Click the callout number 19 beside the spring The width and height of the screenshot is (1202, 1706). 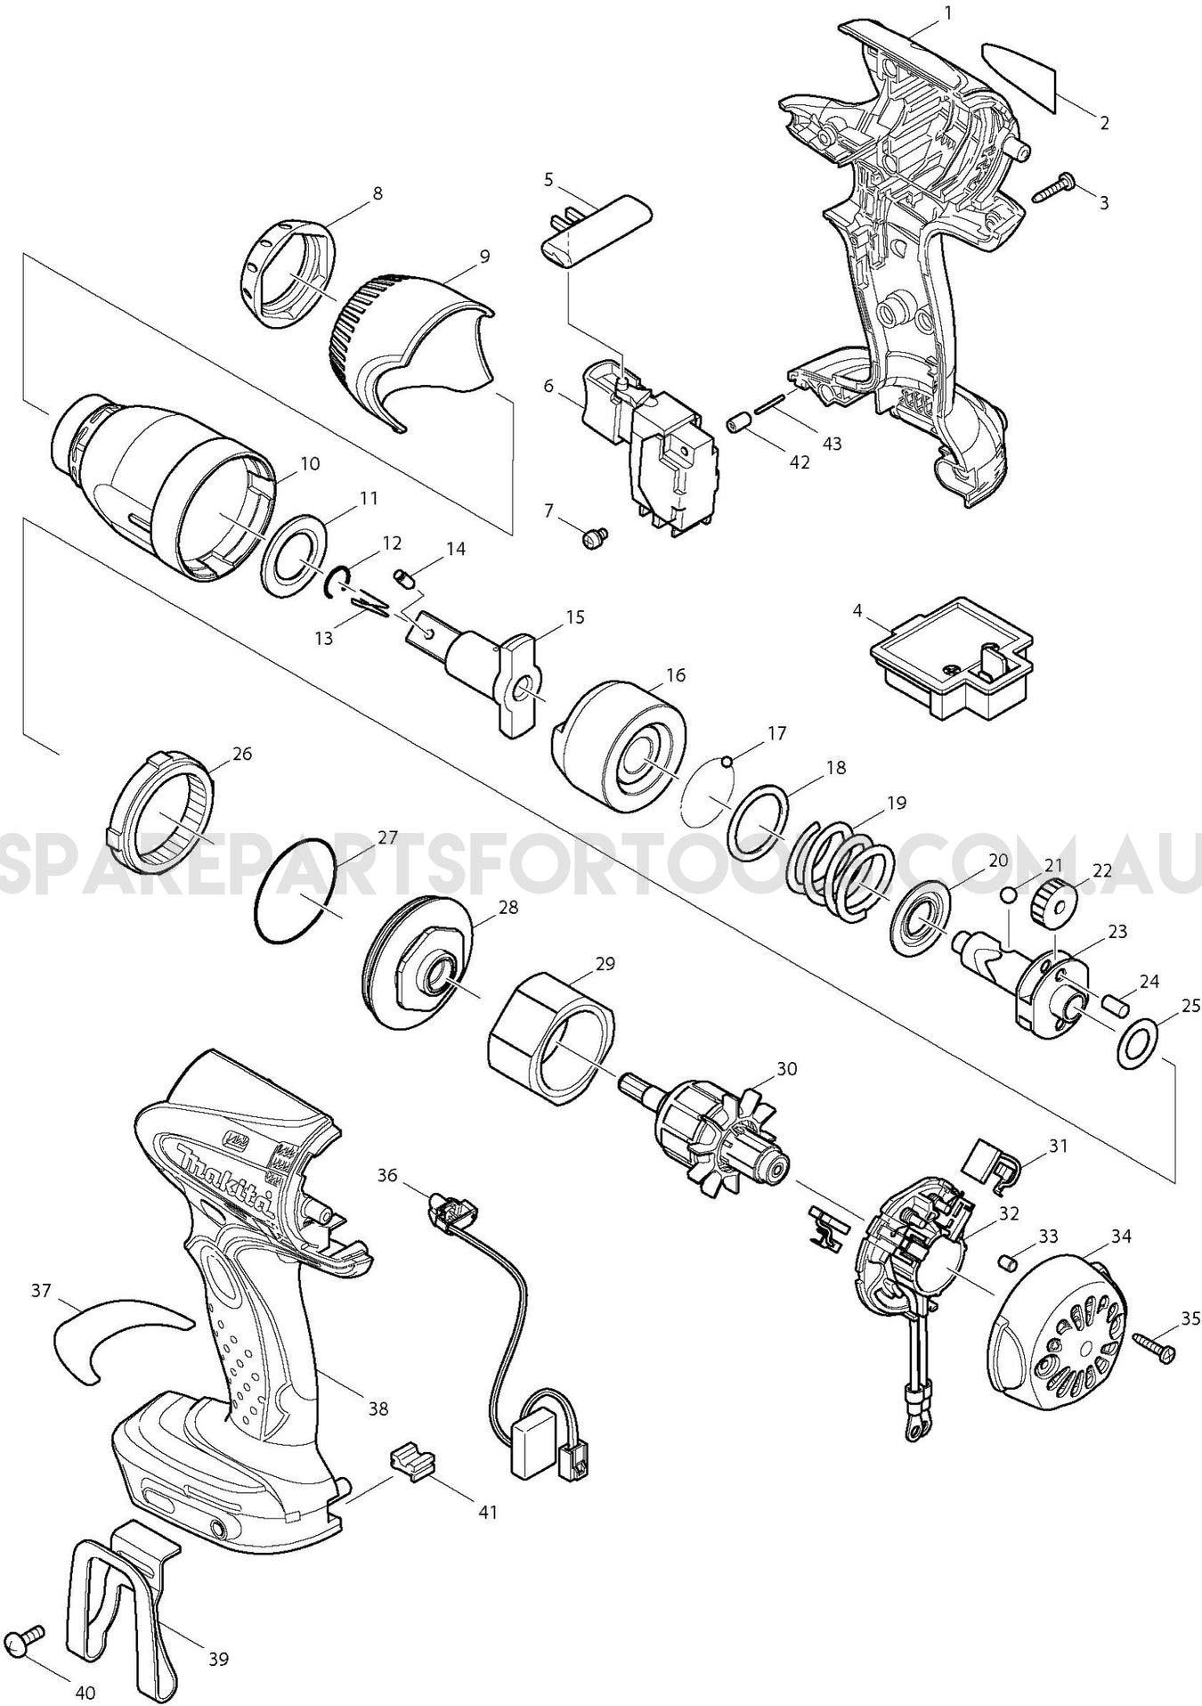pyautogui.click(x=897, y=803)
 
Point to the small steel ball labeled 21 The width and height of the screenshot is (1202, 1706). pyautogui.click(x=1009, y=894)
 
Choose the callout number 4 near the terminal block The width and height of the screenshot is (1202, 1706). pyautogui.click(x=857, y=611)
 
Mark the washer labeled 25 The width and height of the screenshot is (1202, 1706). pyautogui.click(x=1134, y=1042)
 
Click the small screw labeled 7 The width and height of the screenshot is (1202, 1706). pyautogui.click(x=592, y=537)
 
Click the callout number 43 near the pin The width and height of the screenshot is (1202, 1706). pyautogui.click(x=832, y=443)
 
